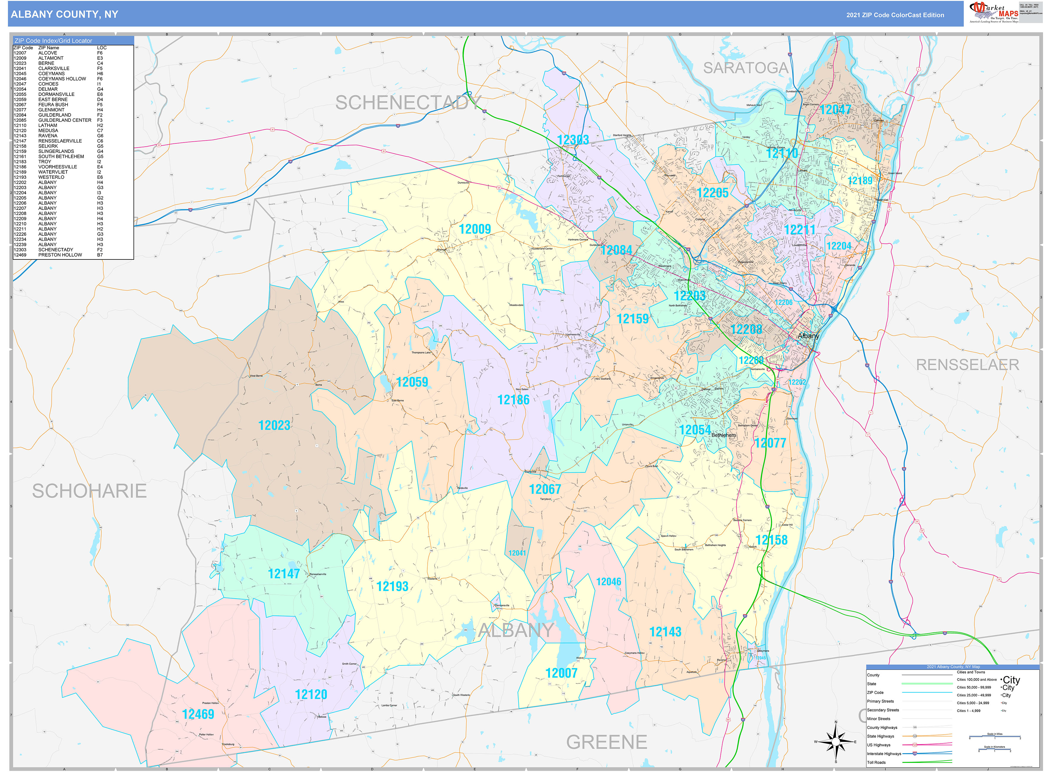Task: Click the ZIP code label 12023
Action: (x=274, y=425)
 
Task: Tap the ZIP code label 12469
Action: (x=198, y=714)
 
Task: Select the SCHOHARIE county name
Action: (x=89, y=491)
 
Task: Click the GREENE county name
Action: (x=606, y=742)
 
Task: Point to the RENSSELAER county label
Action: (x=967, y=365)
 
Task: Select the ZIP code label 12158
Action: (x=771, y=540)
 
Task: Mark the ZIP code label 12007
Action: (x=561, y=673)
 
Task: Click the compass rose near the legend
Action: (x=836, y=742)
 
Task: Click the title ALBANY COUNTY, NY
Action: (x=64, y=15)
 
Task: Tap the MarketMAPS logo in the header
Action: (x=993, y=12)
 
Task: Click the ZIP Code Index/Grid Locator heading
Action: (x=53, y=41)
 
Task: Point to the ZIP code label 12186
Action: (x=513, y=400)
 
